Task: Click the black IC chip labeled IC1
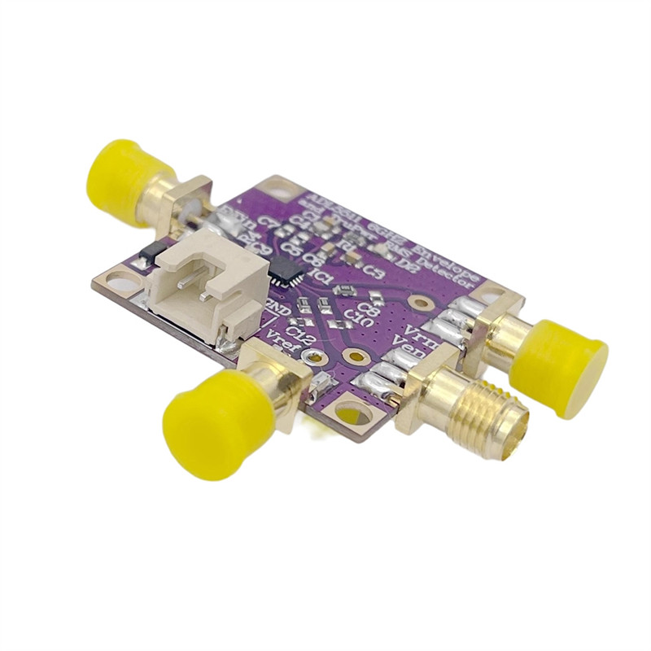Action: pos(286,269)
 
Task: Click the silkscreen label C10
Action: pos(358,314)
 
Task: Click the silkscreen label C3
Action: pos(374,270)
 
